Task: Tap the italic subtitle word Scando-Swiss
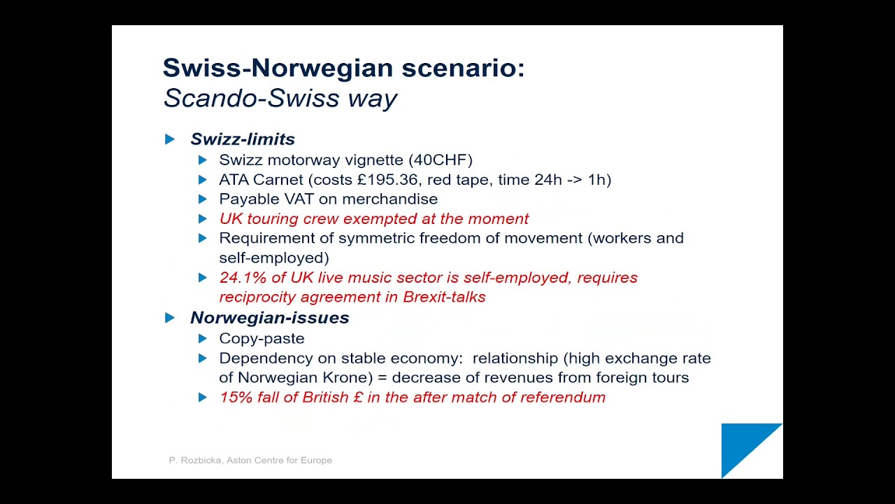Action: click(x=251, y=98)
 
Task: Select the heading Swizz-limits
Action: click(x=243, y=139)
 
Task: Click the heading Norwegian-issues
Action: click(x=270, y=318)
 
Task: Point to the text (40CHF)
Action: click(x=441, y=160)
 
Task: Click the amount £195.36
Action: click(x=387, y=180)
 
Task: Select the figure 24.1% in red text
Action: click(x=243, y=278)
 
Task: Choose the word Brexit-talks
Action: click(x=444, y=297)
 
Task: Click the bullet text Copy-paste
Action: click(x=262, y=339)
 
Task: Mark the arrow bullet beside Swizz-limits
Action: click(x=170, y=139)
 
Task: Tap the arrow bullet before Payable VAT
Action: click(x=203, y=199)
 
